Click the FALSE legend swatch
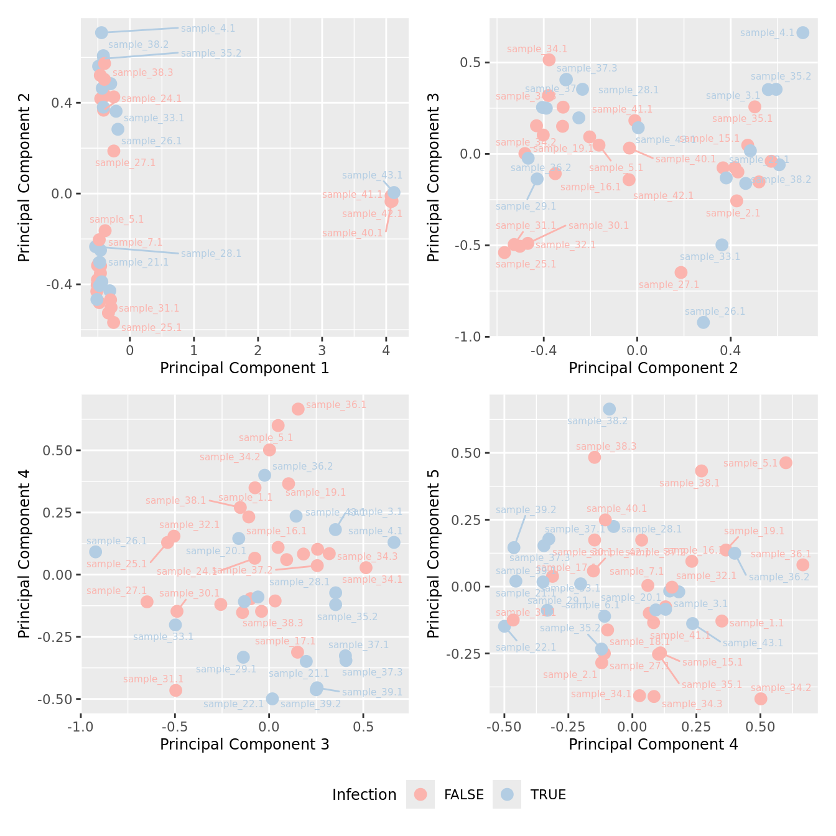[x=421, y=794]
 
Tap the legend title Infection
[x=364, y=794]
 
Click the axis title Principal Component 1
[x=244, y=368]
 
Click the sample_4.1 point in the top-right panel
[x=802, y=33]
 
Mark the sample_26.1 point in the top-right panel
[x=703, y=322]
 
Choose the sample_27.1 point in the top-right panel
[x=681, y=272]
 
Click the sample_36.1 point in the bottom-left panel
[x=298, y=409]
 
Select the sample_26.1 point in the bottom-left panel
[x=95, y=552]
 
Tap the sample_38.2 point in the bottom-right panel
[x=609, y=409]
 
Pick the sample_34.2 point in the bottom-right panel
[x=760, y=699]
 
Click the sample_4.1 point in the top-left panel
[x=101, y=32]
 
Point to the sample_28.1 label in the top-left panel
[x=211, y=254]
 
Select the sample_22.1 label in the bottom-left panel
[x=233, y=704]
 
